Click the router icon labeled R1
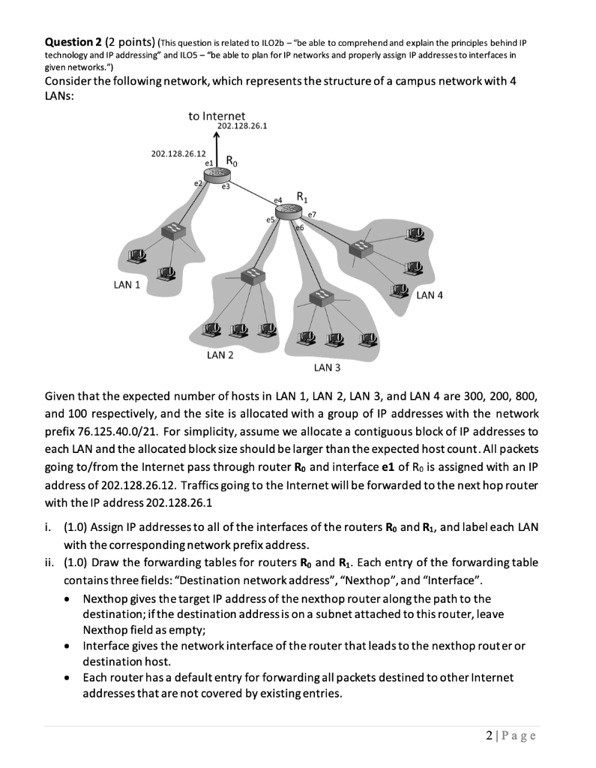point(286,213)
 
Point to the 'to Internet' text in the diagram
point(217,115)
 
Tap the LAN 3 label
point(327,368)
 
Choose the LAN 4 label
point(429,295)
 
